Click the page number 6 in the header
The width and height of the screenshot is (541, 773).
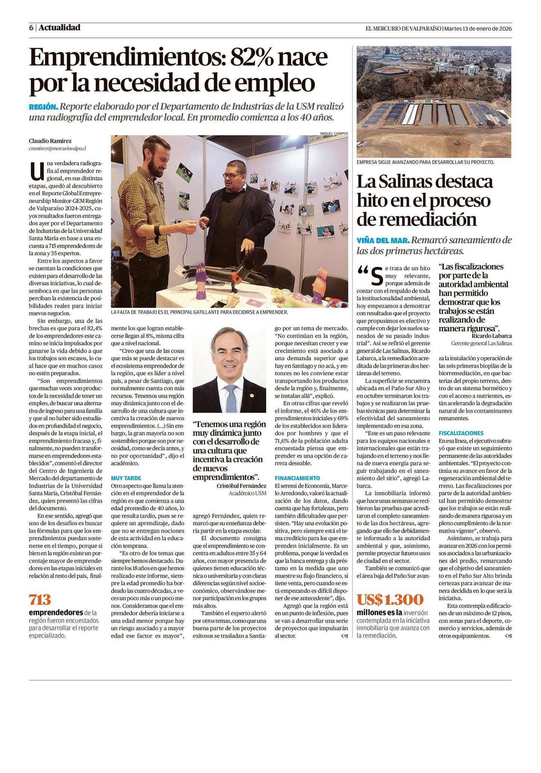click(x=31, y=28)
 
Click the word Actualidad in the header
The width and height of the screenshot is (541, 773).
click(x=59, y=27)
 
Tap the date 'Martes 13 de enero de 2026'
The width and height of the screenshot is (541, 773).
click(x=478, y=28)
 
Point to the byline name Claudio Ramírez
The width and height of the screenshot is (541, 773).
click(x=50, y=141)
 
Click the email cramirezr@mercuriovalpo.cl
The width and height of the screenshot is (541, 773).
click(x=57, y=149)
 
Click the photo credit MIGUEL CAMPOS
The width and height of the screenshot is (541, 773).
click(x=334, y=133)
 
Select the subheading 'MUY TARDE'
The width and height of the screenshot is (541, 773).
click(x=126, y=478)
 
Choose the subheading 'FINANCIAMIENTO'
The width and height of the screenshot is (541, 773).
click(x=297, y=478)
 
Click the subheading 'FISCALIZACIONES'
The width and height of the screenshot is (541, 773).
click(x=461, y=433)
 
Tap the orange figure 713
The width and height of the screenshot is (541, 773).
click(x=40, y=600)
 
